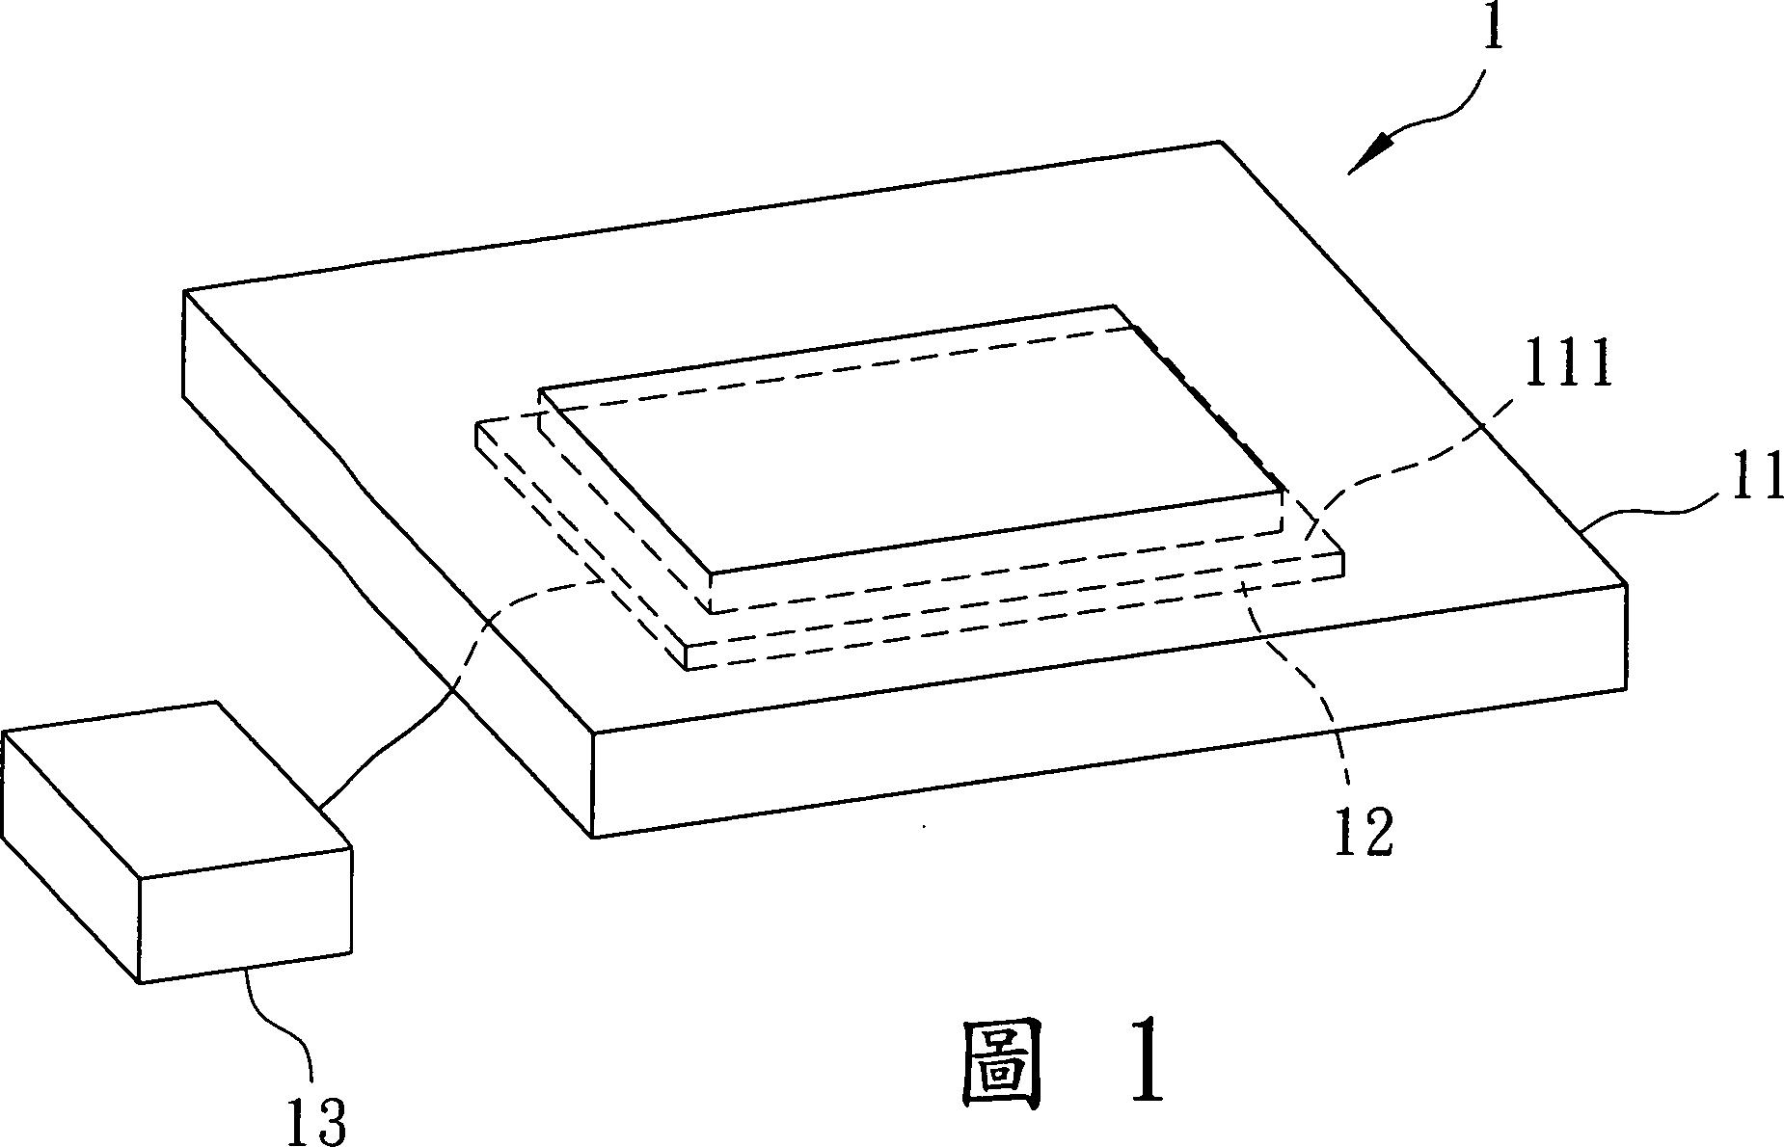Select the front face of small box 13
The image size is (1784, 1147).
pyautogui.click(x=246, y=916)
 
